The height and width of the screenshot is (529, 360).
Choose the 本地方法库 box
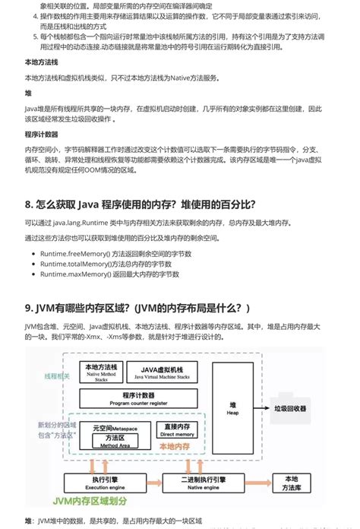pos(291,483)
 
